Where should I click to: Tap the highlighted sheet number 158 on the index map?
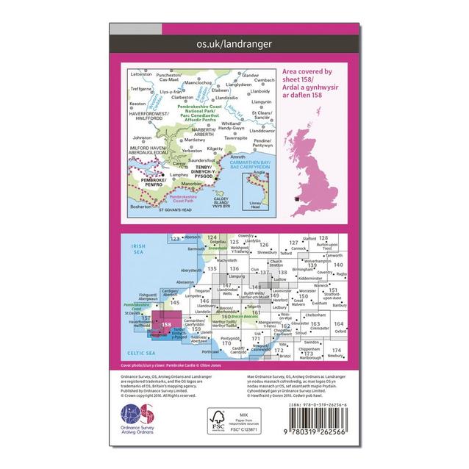click(168, 324)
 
